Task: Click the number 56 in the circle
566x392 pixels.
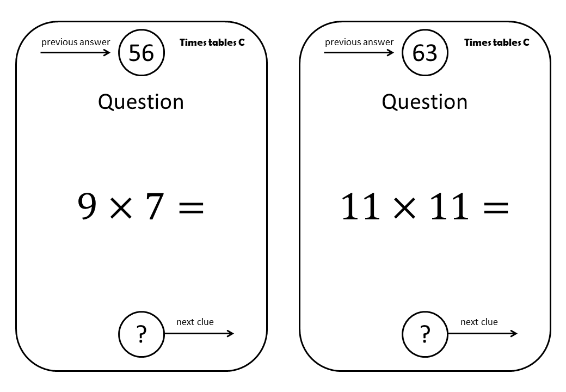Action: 141,53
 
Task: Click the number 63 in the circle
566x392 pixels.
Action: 425,53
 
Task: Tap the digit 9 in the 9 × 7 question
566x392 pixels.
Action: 88,206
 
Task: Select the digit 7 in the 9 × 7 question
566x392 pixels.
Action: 155,206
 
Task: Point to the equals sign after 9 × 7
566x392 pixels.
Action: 192,208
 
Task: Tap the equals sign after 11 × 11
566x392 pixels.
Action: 496,208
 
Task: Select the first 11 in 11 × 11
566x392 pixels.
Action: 361,206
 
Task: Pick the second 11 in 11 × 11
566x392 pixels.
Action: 450,206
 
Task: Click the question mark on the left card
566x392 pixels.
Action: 141,334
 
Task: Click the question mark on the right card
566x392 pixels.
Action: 425,334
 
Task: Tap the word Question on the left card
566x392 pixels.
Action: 141,102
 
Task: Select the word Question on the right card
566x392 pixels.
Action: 425,102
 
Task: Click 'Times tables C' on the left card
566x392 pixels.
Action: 212,42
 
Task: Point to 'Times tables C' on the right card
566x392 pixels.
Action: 497,42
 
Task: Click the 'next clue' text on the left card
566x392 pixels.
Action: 195,322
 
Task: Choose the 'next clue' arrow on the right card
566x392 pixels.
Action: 483,334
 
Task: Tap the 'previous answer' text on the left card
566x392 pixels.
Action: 76,42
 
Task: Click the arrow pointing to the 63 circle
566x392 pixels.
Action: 359,53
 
